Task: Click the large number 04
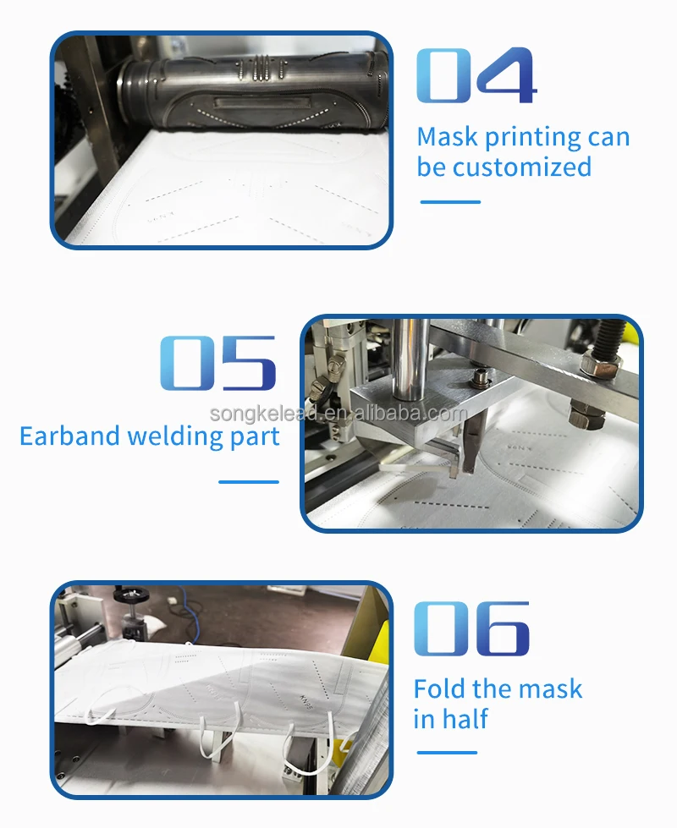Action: coord(476,75)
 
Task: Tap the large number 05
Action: coord(218,363)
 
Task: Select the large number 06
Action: coord(471,628)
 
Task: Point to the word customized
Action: coord(522,167)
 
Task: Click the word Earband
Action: coord(69,436)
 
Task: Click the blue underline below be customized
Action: coord(450,202)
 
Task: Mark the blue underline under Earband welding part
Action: coord(249,481)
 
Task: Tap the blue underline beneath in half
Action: coord(447,753)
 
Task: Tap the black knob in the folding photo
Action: coord(130,594)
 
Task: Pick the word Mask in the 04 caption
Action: coord(448,137)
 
